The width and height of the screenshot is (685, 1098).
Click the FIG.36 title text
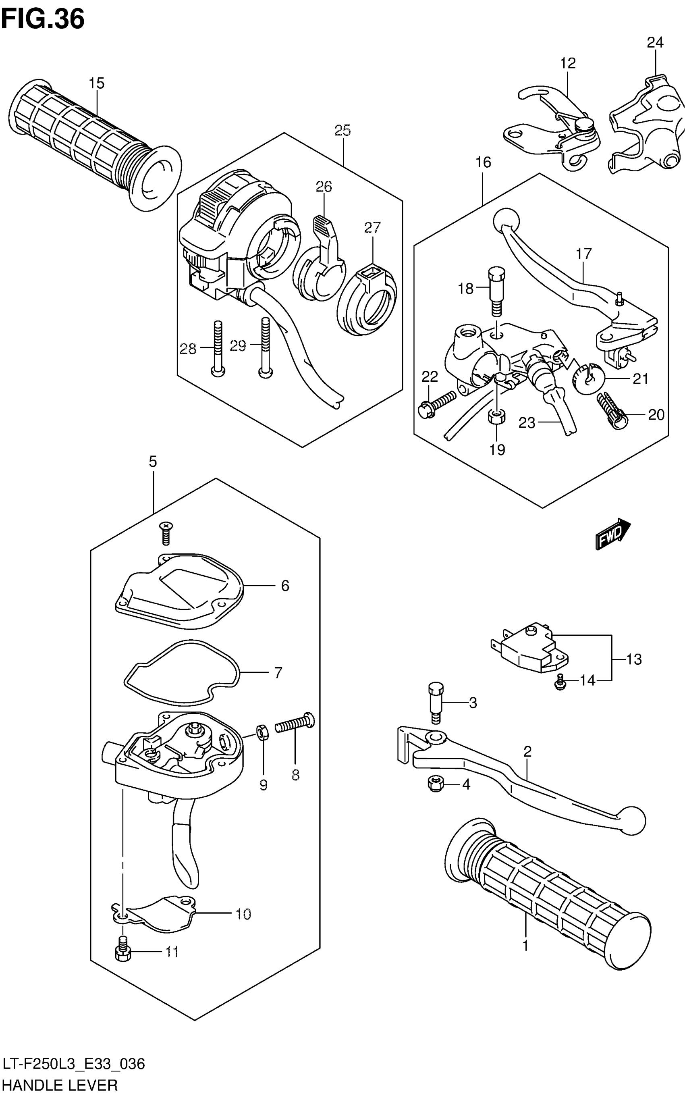(x=43, y=19)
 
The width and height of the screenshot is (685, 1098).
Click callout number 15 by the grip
(x=96, y=83)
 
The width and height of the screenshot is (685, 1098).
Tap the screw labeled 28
(x=218, y=349)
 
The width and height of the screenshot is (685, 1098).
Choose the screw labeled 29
(x=265, y=347)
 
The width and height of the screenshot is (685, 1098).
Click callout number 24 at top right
(x=655, y=43)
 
